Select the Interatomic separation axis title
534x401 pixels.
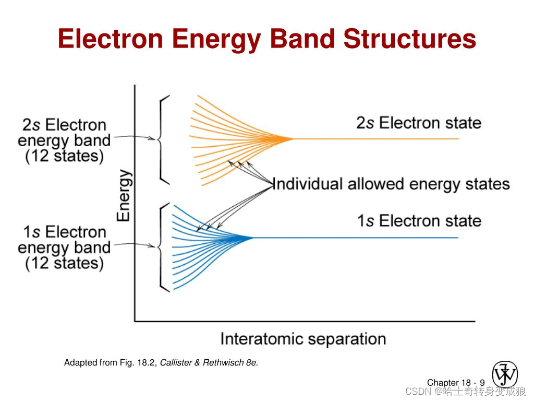(303, 339)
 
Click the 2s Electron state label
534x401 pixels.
(419, 123)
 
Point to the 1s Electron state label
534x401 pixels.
(419, 221)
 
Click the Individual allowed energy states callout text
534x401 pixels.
(391, 184)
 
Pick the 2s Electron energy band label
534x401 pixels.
(64, 140)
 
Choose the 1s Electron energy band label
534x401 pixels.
(64, 247)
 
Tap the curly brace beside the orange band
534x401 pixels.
(162, 139)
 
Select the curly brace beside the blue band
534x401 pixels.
(162, 246)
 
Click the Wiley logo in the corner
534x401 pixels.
(505, 374)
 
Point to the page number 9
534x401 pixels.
(482, 383)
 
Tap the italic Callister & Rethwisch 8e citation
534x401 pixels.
(209, 362)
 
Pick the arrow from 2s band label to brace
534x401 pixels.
(135, 138)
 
